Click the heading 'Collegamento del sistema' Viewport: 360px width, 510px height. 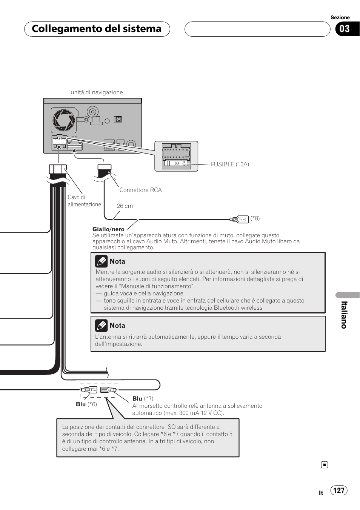click(x=97, y=29)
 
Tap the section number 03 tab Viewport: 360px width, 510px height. click(x=345, y=29)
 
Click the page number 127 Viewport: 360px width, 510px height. click(x=339, y=490)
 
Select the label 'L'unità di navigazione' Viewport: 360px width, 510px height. click(x=94, y=92)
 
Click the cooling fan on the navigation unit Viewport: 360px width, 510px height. click(x=63, y=120)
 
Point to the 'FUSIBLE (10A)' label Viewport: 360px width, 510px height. click(x=230, y=164)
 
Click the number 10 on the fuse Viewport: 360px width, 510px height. click(x=176, y=163)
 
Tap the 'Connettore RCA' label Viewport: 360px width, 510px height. click(x=140, y=190)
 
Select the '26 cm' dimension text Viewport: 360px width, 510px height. click(x=125, y=206)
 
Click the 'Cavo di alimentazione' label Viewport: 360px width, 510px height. click(x=84, y=201)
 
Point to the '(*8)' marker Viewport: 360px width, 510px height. click(x=255, y=218)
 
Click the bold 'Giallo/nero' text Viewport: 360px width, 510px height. click(x=108, y=229)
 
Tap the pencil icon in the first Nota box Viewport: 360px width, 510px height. click(x=101, y=261)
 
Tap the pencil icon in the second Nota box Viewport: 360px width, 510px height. click(x=101, y=325)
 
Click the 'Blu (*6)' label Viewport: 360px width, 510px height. click(x=86, y=404)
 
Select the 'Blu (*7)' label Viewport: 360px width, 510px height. click(x=143, y=399)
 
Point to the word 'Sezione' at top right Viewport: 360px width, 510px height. click(x=340, y=17)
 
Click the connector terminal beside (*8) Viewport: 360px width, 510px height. click(x=239, y=219)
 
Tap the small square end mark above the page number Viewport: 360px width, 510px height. click(x=325, y=465)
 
